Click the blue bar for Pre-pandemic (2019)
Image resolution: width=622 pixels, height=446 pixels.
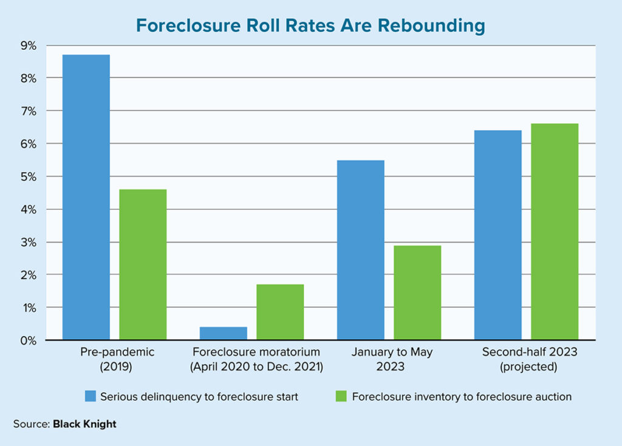pos(86,197)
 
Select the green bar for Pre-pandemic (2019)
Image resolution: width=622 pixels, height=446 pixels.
pos(143,264)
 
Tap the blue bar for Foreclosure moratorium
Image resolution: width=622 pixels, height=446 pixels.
pos(224,334)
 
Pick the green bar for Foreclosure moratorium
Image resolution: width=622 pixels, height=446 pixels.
pos(280,312)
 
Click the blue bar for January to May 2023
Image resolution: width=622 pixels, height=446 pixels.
pos(361,250)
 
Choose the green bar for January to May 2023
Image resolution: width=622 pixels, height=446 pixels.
pos(417,292)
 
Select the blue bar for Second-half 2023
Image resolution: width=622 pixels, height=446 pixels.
pos(498,235)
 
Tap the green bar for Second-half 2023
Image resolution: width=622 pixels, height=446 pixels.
pos(555,232)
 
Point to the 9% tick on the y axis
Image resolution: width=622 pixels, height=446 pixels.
pos(29,46)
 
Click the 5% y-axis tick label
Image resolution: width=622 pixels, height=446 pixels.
pos(29,177)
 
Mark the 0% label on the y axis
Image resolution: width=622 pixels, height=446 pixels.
pos(29,340)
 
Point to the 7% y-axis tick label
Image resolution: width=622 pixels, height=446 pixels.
pos(29,111)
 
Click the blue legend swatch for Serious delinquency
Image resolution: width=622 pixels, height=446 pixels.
pos(91,397)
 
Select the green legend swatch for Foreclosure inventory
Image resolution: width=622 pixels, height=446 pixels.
pos(341,397)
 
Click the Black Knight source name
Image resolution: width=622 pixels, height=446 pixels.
pos(84,424)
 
